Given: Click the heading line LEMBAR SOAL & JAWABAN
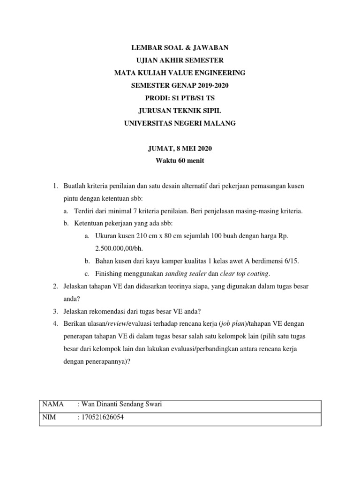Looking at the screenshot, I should pos(180,48).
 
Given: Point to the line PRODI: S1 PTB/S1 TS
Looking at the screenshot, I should pos(180,98).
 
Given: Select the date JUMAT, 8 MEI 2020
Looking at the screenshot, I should pos(180,149).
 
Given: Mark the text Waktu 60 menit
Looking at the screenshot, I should pos(180,161).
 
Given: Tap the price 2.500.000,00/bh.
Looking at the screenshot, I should pos(118,249).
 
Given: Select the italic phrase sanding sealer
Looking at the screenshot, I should pos(184,274).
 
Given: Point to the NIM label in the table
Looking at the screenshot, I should pos(50,417).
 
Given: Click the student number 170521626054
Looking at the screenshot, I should pos(102,417).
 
